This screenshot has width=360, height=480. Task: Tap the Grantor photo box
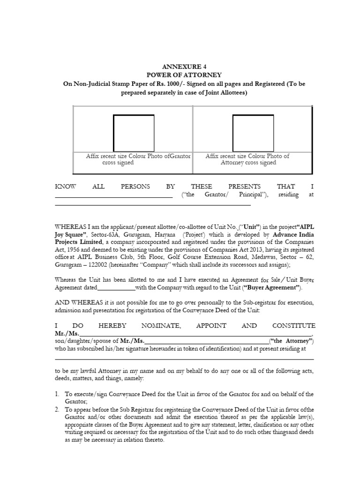pyautogui.click(x=134, y=133)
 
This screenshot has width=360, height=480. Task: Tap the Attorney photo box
pyautogui.click(x=253, y=133)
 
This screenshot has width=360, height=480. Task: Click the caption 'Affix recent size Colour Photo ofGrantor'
pyautogui.click(x=138, y=156)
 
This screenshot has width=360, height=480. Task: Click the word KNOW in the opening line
pyautogui.click(x=65, y=186)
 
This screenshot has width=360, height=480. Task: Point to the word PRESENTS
pyautogui.click(x=244, y=186)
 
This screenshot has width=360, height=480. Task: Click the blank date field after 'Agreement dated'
pyautogui.click(x=116, y=288)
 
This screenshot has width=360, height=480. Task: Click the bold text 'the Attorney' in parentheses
pyautogui.click(x=291, y=341)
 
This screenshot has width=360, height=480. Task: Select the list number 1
pyautogui.click(x=57, y=394)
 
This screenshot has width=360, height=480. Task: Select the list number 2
pyautogui.click(x=57, y=409)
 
